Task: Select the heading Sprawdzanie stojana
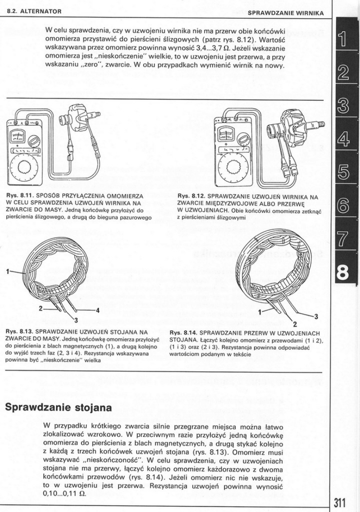[59, 408]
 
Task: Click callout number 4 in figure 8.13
[97, 310]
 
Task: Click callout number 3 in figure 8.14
[316, 316]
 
